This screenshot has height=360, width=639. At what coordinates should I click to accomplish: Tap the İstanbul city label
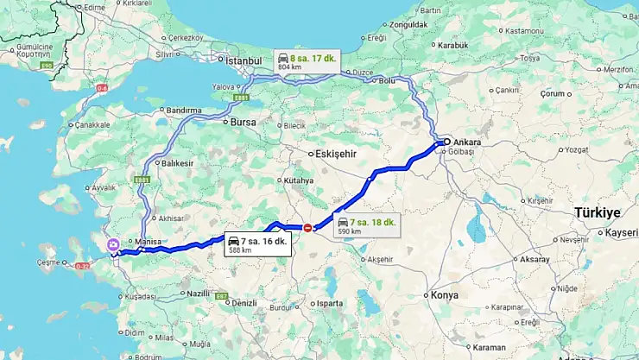point(243,61)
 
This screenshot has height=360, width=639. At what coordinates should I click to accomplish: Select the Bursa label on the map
point(243,123)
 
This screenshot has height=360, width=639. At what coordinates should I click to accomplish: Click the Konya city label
point(444,294)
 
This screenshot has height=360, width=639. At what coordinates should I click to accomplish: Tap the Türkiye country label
point(598,212)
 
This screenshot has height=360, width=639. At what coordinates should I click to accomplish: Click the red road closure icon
point(307,227)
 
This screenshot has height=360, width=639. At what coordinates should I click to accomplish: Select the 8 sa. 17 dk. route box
point(307,60)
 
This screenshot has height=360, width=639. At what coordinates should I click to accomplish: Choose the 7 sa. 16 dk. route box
point(256,244)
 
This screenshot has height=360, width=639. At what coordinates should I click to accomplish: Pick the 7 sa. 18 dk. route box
point(366,226)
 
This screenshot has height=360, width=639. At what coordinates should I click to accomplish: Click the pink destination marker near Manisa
point(113,245)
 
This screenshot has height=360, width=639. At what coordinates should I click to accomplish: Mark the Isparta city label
point(330,304)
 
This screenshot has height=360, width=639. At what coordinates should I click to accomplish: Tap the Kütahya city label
point(299,181)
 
